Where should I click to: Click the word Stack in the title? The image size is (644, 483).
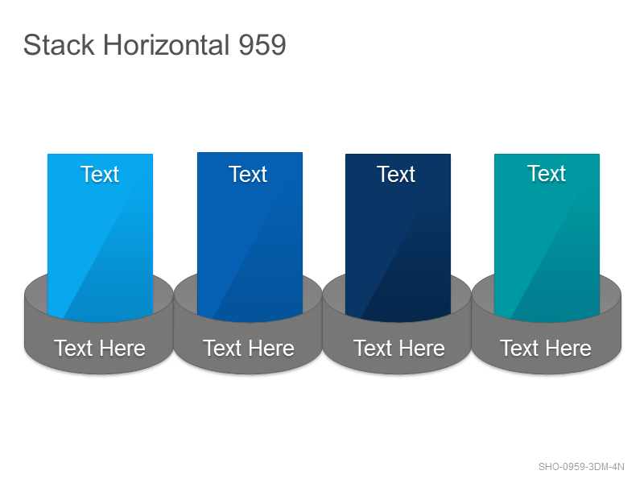pyautogui.click(x=59, y=45)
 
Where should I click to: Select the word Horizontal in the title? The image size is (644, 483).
pyautogui.click(x=167, y=45)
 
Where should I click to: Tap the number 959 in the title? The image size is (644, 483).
pyautogui.click(x=262, y=45)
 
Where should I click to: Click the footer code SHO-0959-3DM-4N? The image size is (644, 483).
pyautogui.click(x=581, y=467)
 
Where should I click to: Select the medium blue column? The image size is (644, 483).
pyautogui.click(x=250, y=237)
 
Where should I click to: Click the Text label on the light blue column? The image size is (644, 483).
pyautogui.click(x=100, y=174)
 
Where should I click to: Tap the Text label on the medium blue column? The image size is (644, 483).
pyautogui.click(x=248, y=174)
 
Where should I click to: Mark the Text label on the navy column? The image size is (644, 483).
pyautogui.click(x=396, y=174)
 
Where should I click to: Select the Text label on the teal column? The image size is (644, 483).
pyautogui.click(x=547, y=173)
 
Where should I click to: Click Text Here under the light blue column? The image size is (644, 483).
pyautogui.click(x=100, y=349)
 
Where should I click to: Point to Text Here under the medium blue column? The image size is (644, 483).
pyautogui.click(x=249, y=349)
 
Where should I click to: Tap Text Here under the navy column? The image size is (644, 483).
pyautogui.click(x=399, y=349)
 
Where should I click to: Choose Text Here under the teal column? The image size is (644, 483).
pyautogui.click(x=546, y=349)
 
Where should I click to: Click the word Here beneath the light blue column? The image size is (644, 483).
pyautogui.click(x=122, y=349)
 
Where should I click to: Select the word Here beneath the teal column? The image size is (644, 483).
pyautogui.click(x=568, y=349)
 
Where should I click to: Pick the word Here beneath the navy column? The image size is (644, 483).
pyautogui.click(x=422, y=349)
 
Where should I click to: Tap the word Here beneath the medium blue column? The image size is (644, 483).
pyautogui.click(x=271, y=349)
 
